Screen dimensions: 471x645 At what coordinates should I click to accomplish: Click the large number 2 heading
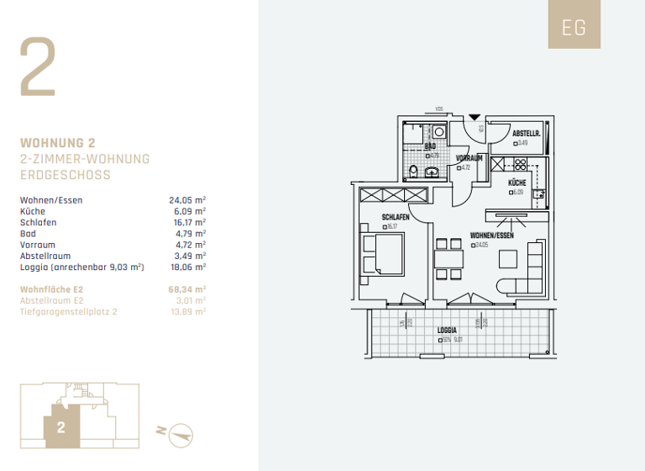pyautogui.click(x=38, y=67)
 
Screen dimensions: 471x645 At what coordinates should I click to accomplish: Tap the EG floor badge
pyautogui.click(x=574, y=28)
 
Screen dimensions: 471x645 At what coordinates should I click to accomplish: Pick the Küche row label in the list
pyautogui.click(x=33, y=211)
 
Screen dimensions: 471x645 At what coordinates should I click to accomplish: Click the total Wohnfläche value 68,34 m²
pyautogui.click(x=187, y=288)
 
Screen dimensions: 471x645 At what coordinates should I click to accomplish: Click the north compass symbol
pyautogui.click(x=181, y=433)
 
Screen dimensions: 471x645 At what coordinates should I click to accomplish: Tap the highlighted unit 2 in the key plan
pyautogui.click(x=61, y=426)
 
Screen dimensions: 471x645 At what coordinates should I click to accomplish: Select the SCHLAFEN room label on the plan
pyautogui.click(x=396, y=217)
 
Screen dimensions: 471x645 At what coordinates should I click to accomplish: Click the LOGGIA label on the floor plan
pyautogui.click(x=448, y=331)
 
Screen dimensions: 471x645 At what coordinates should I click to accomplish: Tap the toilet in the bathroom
pyautogui.click(x=412, y=172)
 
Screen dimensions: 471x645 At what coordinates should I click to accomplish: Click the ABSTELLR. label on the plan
pyautogui.click(x=526, y=134)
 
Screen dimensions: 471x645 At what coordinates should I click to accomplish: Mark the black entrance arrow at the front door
pyautogui.click(x=475, y=117)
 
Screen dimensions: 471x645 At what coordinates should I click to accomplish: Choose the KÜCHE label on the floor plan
pyautogui.click(x=517, y=183)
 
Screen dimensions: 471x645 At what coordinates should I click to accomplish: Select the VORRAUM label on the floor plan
pyautogui.click(x=469, y=158)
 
